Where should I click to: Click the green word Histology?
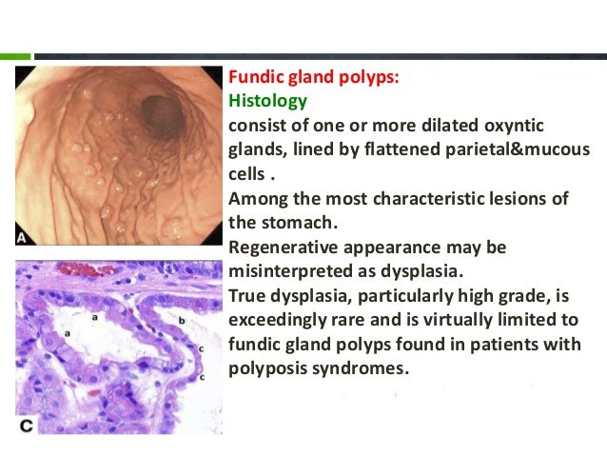tap(266, 100)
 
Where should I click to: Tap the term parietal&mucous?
tap(481, 149)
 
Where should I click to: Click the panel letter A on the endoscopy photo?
tap(22, 234)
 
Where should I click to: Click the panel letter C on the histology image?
tap(26, 426)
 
